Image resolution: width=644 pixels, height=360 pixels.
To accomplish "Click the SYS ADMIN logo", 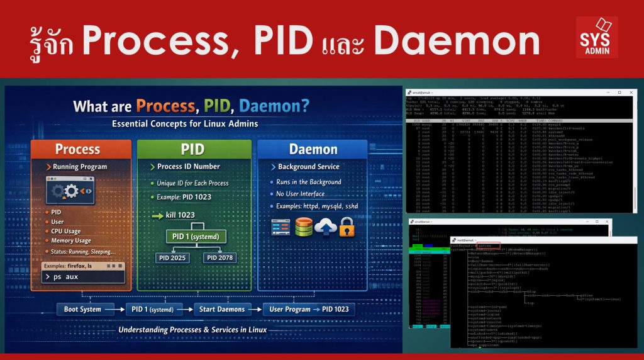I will click(x=597, y=37).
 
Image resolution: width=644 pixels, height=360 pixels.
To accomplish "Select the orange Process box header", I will click(x=77, y=149).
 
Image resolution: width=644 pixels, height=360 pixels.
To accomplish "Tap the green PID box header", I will click(x=194, y=149).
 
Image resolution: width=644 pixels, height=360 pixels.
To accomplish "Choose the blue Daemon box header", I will click(x=313, y=149).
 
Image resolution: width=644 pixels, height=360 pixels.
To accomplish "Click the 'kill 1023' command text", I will click(x=179, y=215).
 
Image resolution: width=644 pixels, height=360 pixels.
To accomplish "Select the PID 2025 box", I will click(x=171, y=257).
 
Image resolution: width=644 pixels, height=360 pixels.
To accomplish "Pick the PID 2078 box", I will click(x=219, y=257).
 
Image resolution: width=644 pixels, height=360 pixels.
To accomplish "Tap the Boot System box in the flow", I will click(x=82, y=309).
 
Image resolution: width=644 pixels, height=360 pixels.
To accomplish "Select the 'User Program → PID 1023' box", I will click(x=309, y=309).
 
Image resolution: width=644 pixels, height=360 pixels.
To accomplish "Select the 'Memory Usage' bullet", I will click(x=71, y=240).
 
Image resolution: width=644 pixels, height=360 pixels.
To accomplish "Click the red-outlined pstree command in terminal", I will click(x=488, y=245).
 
